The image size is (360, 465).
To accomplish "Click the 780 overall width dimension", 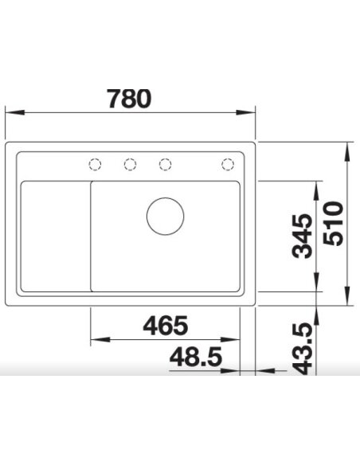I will [x=128, y=98].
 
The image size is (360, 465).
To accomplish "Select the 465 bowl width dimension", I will [x=165, y=326].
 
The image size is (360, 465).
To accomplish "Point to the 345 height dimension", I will [x=302, y=236].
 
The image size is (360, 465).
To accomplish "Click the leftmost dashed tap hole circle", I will [x=95, y=165].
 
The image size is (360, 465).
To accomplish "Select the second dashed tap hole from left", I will [x=130, y=165].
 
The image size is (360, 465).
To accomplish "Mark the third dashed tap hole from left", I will [x=165, y=165].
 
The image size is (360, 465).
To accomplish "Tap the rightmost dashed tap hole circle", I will [x=227, y=165].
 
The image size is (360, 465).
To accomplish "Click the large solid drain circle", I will [x=165, y=216].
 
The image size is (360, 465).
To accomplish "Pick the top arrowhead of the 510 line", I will [x=349, y=149].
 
